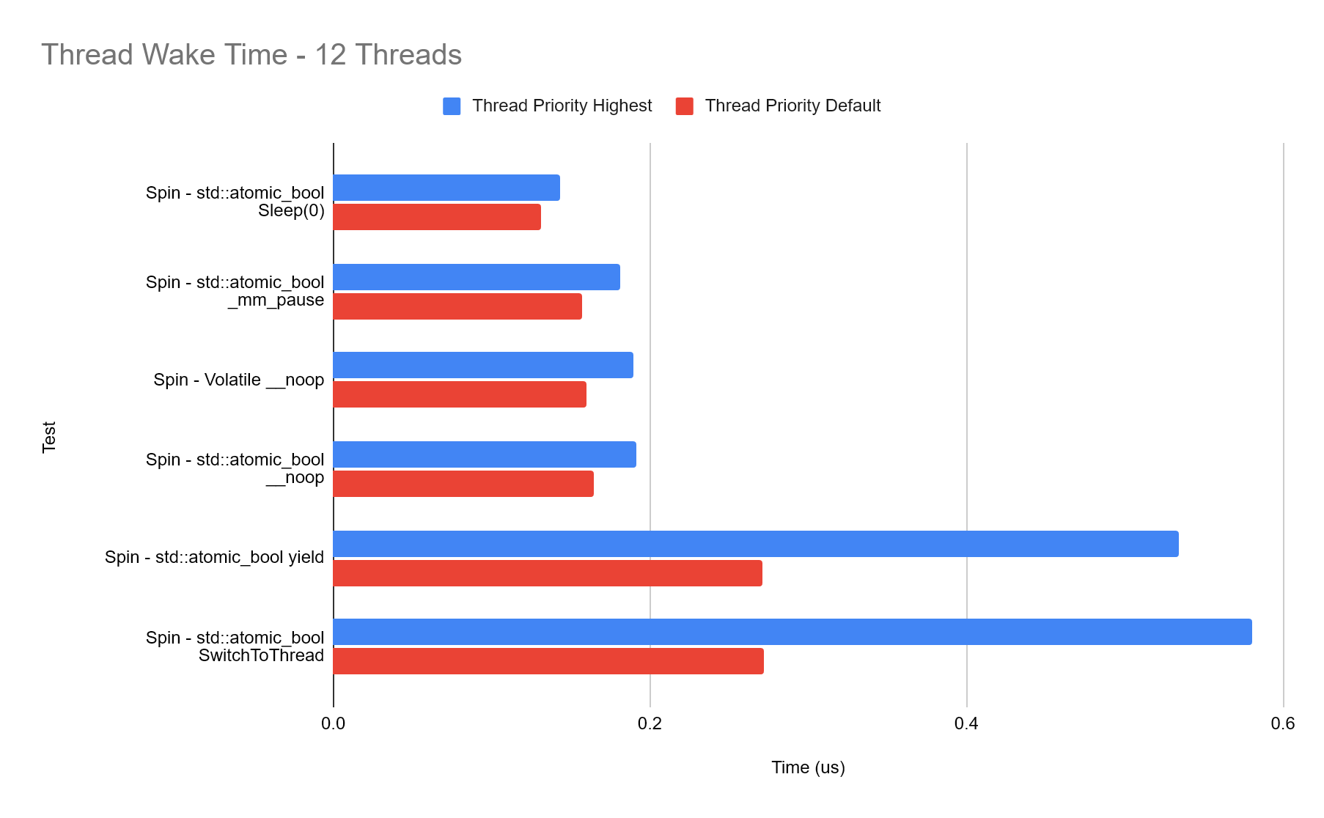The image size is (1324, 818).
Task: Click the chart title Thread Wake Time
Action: [251, 55]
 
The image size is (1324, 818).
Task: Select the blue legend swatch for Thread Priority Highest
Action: [452, 106]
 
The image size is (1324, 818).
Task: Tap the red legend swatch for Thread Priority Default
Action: [685, 106]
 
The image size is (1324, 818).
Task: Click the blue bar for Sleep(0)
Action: [446, 188]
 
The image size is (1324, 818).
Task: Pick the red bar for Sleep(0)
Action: [437, 217]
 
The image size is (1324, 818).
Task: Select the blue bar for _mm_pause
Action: [477, 277]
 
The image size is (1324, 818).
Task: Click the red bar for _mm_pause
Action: [457, 306]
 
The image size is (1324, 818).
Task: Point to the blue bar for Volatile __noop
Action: [483, 365]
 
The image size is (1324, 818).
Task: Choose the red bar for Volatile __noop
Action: [460, 394]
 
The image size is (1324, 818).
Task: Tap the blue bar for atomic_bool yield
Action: [756, 544]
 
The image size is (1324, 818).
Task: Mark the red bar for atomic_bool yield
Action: [548, 573]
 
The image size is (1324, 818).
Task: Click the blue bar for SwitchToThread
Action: [792, 632]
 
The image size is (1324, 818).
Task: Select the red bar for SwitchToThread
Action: [548, 661]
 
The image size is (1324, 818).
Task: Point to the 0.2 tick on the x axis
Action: [650, 724]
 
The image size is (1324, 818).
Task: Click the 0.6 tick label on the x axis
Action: [1283, 724]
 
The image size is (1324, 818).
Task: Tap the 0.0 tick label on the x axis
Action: [333, 724]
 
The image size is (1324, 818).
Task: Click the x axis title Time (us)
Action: [808, 767]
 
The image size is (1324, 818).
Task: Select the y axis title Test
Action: [49, 438]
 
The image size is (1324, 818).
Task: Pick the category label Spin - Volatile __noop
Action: [238, 380]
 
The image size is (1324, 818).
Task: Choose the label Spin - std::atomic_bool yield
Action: [214, 557]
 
